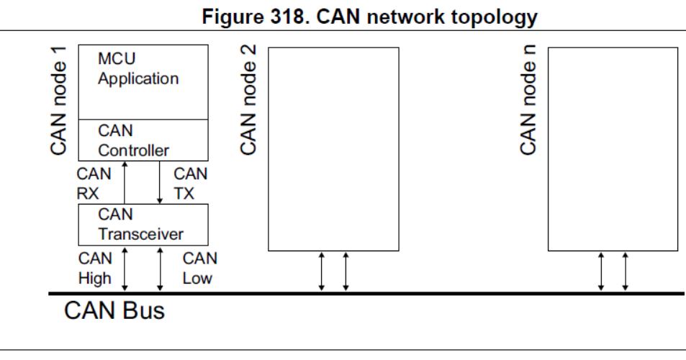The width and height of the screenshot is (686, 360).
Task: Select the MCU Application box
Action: point(142,82)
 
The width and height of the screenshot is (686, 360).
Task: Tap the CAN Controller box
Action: point(142,140)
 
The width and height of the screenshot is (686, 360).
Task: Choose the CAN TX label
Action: point(190,183)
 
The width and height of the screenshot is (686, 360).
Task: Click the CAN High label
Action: point(94,268)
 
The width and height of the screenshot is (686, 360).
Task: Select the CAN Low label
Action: point(199,268)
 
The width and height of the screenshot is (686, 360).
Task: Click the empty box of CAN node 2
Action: point(333,149)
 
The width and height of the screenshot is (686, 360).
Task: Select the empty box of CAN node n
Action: point(613,149)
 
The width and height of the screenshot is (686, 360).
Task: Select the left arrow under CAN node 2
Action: point(322,271)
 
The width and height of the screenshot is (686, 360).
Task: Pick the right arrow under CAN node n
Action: point(625,271)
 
